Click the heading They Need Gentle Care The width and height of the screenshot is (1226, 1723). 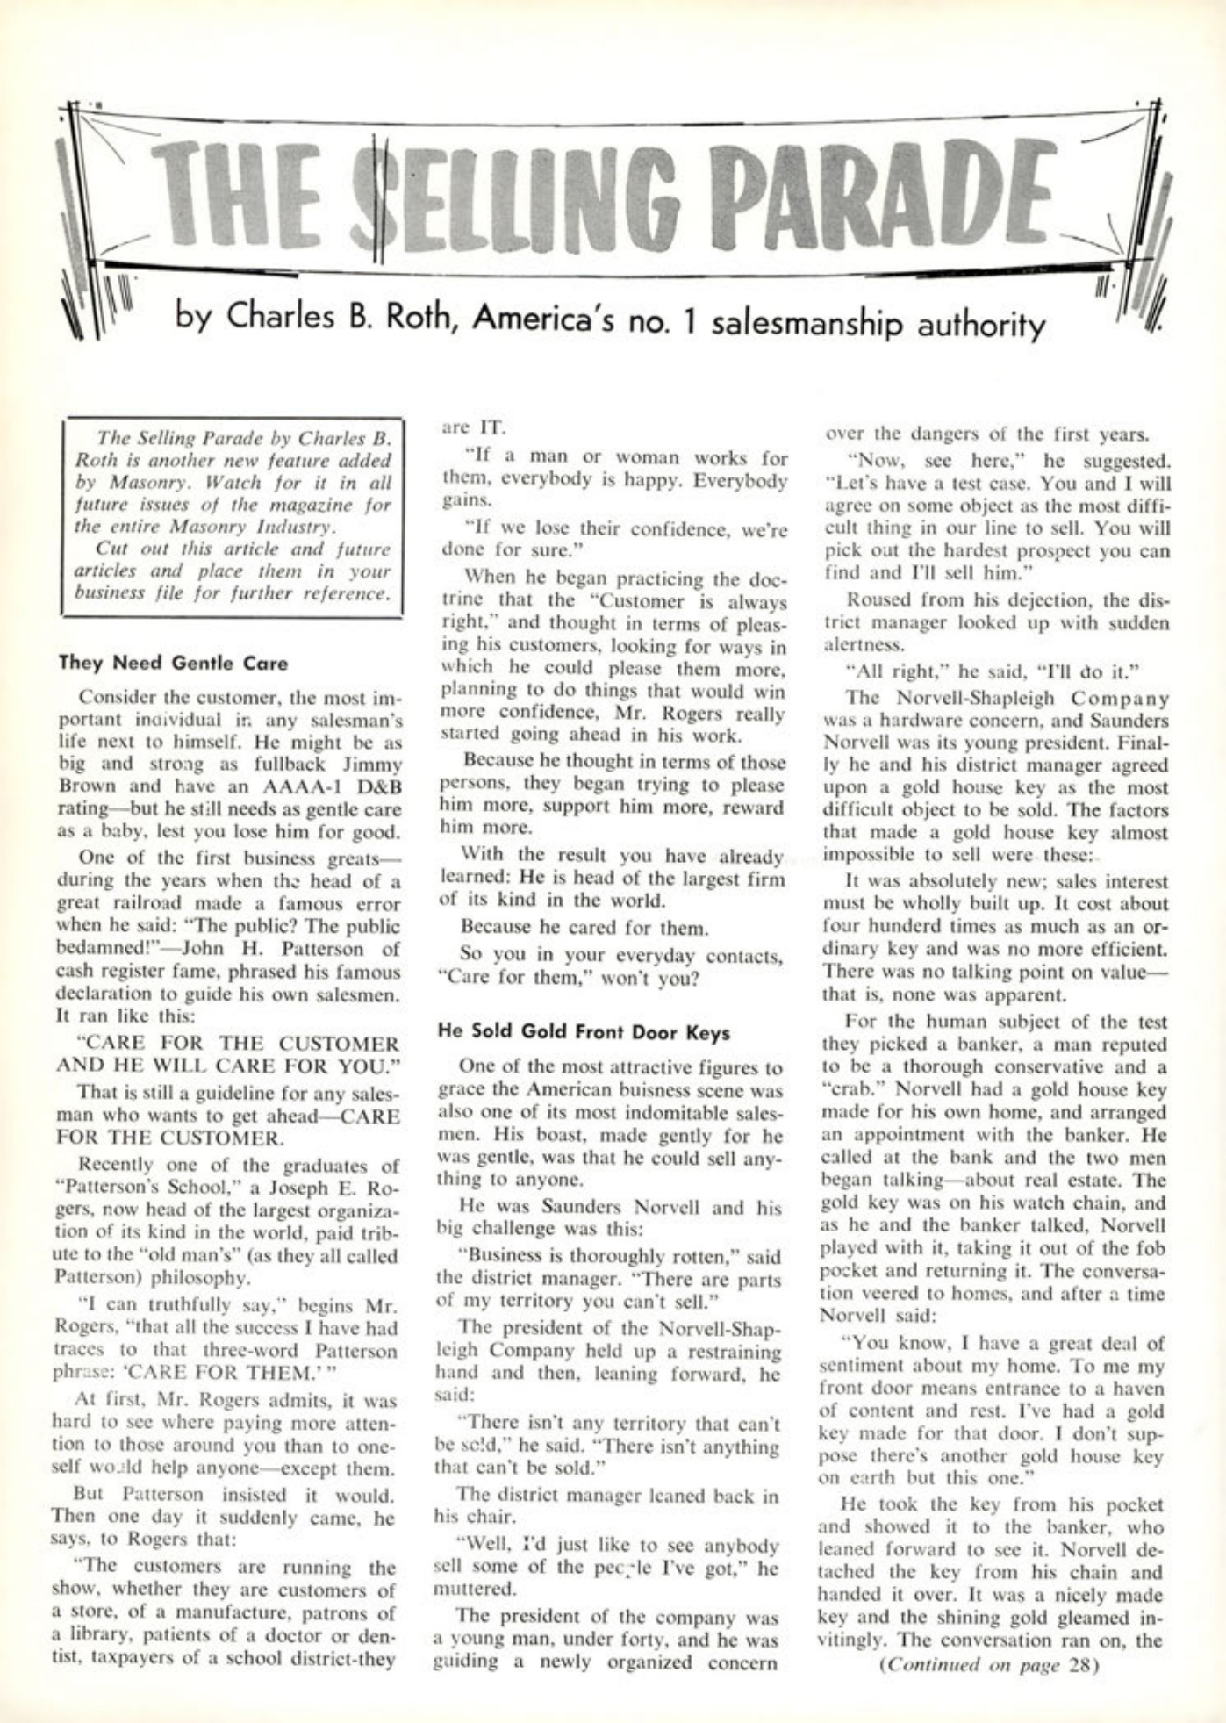(x=173, y=663)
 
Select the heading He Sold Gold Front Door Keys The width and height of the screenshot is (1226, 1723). (x=584, y=1032)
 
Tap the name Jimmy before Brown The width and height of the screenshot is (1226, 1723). (x=372, y=765)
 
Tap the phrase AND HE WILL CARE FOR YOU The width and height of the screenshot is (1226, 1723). (x=227, y=1066)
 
